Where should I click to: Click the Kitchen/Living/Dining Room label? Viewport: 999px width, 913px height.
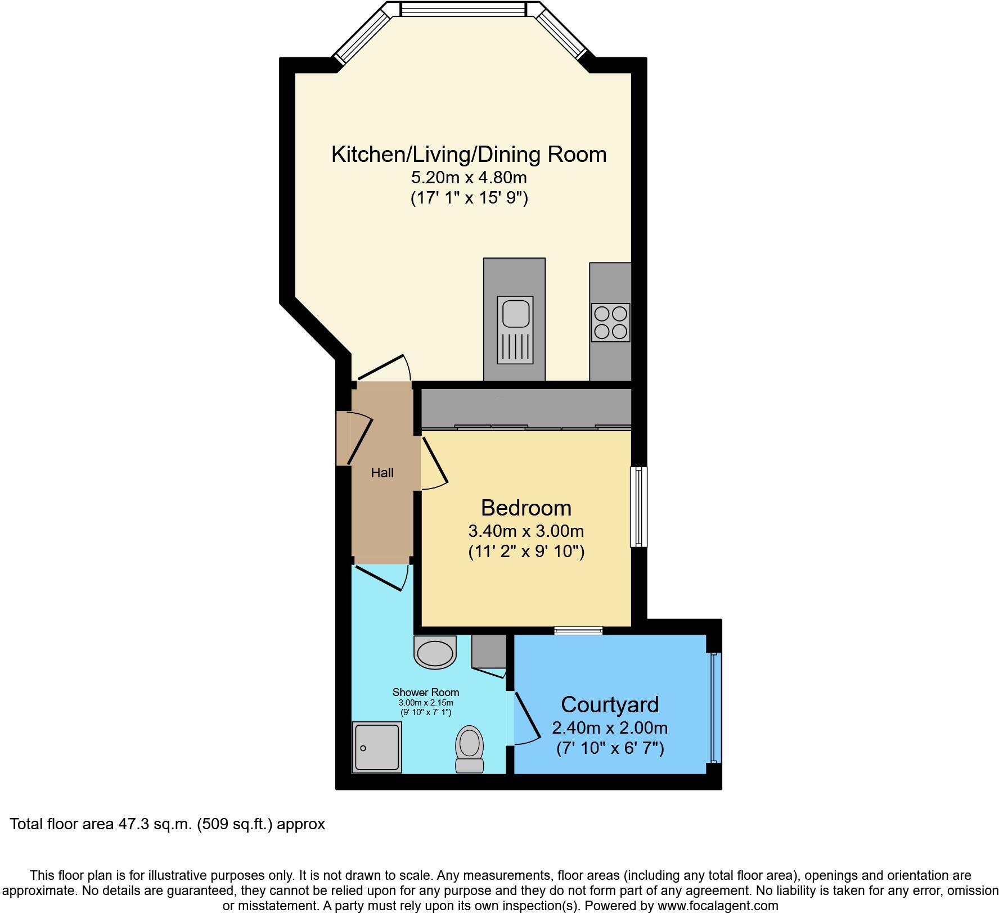(469, 155)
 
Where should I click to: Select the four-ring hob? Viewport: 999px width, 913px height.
(610, 323)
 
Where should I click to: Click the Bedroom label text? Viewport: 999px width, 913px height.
(526, 508)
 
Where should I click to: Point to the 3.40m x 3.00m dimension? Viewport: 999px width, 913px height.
(526, 531)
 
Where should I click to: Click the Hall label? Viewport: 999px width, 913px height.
(382, 473)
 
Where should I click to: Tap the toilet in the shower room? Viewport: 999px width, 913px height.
(470, 749)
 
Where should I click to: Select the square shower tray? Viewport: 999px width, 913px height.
(377, 747)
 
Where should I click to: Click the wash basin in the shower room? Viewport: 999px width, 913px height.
(434, 653)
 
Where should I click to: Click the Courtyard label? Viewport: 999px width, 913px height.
(610, 704)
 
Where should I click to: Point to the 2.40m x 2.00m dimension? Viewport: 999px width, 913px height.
(610, 728)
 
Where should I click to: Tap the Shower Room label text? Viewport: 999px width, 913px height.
(426, 693)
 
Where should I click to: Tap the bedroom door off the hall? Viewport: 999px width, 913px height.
(434, 462)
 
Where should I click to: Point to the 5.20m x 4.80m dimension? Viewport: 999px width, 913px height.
(469, 178)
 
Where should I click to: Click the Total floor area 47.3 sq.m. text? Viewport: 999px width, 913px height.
(168, 824)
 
